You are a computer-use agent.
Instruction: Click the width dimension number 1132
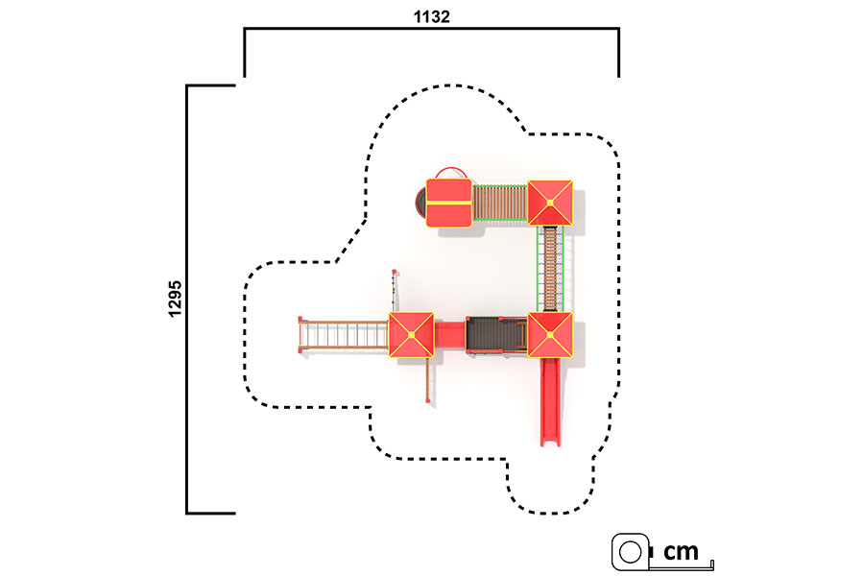tap(431, 16)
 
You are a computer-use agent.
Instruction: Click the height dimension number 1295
tap(175, 299)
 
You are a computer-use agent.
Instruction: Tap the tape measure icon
tap(631, 551)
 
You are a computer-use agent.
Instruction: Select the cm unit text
tap(681, 551)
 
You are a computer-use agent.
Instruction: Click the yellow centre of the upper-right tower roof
tap(550, 203)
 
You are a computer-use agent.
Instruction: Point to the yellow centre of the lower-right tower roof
tap(550, 335)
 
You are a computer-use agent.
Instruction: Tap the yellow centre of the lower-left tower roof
tap(411, 335)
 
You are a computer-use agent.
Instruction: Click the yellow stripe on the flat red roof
tap(449, 203)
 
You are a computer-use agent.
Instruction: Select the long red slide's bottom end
tap(550, 441)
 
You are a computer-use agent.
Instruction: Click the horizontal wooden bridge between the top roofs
tap(500, 203)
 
